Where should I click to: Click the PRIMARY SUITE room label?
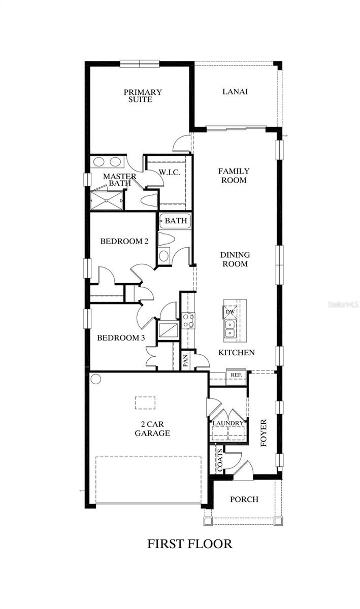point(142,96)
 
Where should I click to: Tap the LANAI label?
point(235,92)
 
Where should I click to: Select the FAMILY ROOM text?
point(234,176)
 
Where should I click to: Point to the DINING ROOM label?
point(234,259)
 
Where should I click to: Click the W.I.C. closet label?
point(170,173)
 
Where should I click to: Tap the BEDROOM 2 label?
point(124,241)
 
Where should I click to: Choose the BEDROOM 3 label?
point(121,338)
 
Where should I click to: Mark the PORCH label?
point(244,499)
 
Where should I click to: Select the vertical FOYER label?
point(264,433)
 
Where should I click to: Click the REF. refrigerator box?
point(236,375)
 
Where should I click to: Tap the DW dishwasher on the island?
point(230,312)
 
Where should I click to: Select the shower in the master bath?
point(106,200)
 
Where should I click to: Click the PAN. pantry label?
point(186,360)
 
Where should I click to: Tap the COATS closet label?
point(220,460)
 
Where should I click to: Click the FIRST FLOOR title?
point(189,544)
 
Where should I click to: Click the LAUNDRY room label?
point(228,423)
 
